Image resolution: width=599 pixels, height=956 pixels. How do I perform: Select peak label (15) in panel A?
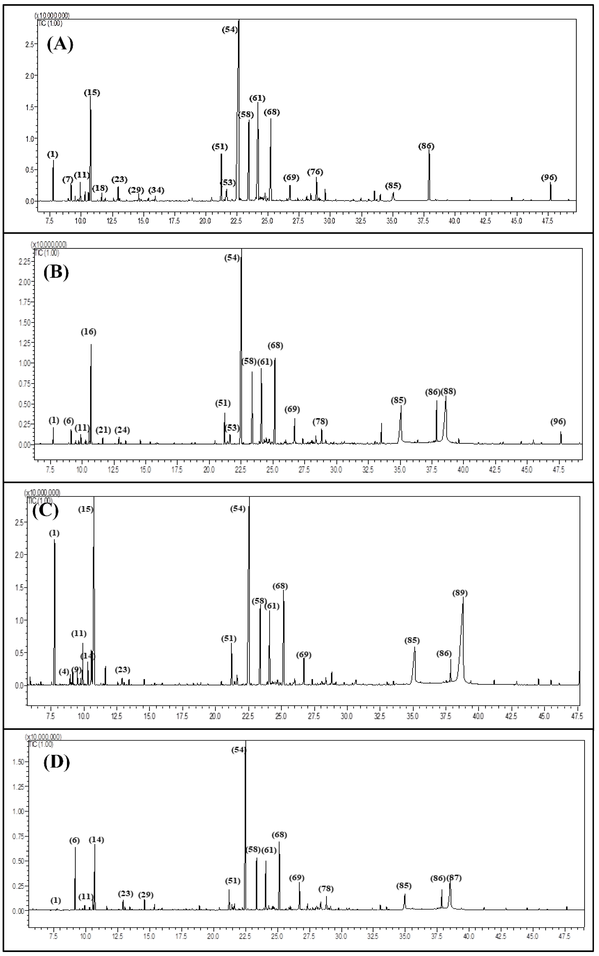tap(92, 93)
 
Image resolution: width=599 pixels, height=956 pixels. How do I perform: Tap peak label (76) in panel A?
tap(315, 172)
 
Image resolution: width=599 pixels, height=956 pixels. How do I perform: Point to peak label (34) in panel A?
tap(156, 190)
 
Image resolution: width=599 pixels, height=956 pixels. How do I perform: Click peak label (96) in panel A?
tap(549, 178)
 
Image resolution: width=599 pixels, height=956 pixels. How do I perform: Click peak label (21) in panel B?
tap(103, 430)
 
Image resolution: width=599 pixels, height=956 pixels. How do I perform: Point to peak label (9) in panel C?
tap(76, 670)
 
